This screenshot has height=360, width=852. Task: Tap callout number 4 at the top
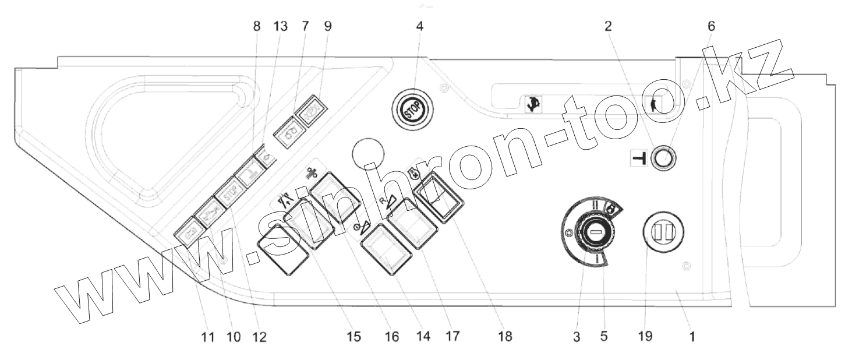click(419, 26)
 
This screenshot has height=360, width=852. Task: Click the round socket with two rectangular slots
click(664, 232)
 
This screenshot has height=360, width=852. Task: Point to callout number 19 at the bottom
click(645, 336)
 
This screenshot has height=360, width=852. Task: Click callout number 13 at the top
click(280, 26)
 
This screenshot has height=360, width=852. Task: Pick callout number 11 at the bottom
click(208, 337)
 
